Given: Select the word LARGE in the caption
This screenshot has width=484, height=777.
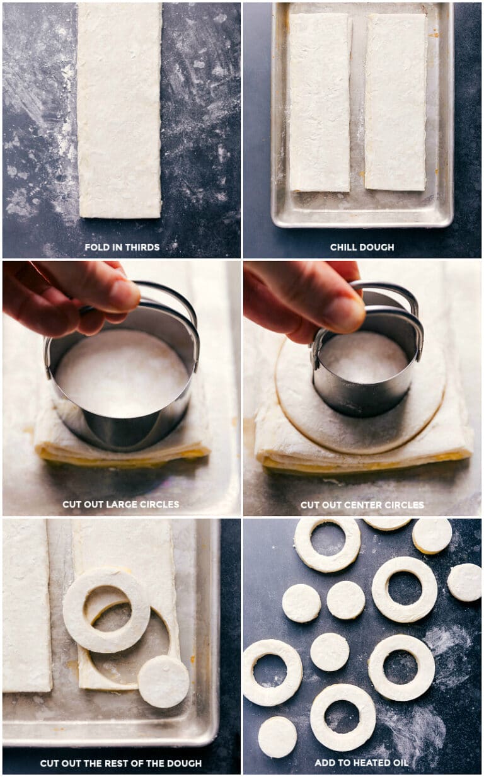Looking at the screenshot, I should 117,505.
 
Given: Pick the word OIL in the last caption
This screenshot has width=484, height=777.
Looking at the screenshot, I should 400,763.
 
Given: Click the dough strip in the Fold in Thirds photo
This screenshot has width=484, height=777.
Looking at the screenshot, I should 119,110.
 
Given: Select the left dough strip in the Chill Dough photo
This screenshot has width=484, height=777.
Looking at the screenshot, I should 320,102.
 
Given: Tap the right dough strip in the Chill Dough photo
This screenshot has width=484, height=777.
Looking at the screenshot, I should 395,102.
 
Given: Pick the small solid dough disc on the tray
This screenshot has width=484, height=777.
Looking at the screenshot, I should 163,681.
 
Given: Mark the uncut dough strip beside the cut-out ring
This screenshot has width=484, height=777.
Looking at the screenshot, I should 26,605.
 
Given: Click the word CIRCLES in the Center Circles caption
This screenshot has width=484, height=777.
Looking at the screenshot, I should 403,505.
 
